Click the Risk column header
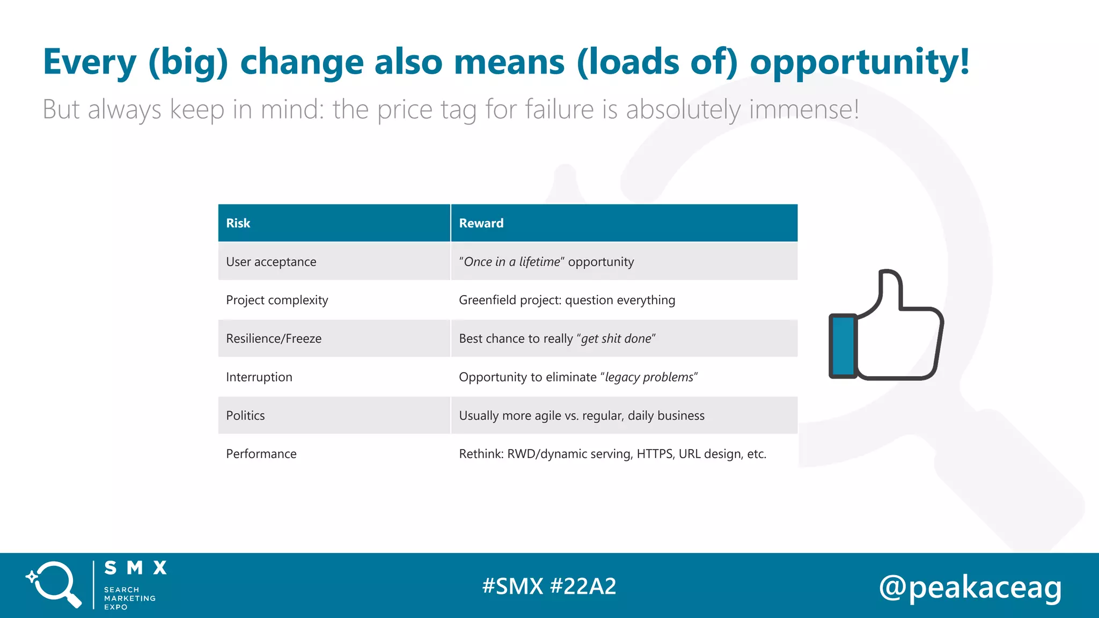pos(238,223)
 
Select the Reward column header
pos(481,223)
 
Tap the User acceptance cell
pos(271,262)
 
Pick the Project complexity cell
pos(277,300)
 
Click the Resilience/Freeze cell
pos(274,339)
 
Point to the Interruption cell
pos(259,377)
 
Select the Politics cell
pos(245,416)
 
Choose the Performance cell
pos(261,454)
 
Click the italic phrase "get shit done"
pos(616,339)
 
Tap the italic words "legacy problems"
pos(649,377)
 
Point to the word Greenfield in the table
pos(487,300)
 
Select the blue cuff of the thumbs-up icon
pos(843,346)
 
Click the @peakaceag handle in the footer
pos(970,587)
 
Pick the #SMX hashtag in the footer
pos(512,586)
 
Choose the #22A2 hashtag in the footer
pos(583,586)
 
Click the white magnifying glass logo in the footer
pos(54,584)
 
